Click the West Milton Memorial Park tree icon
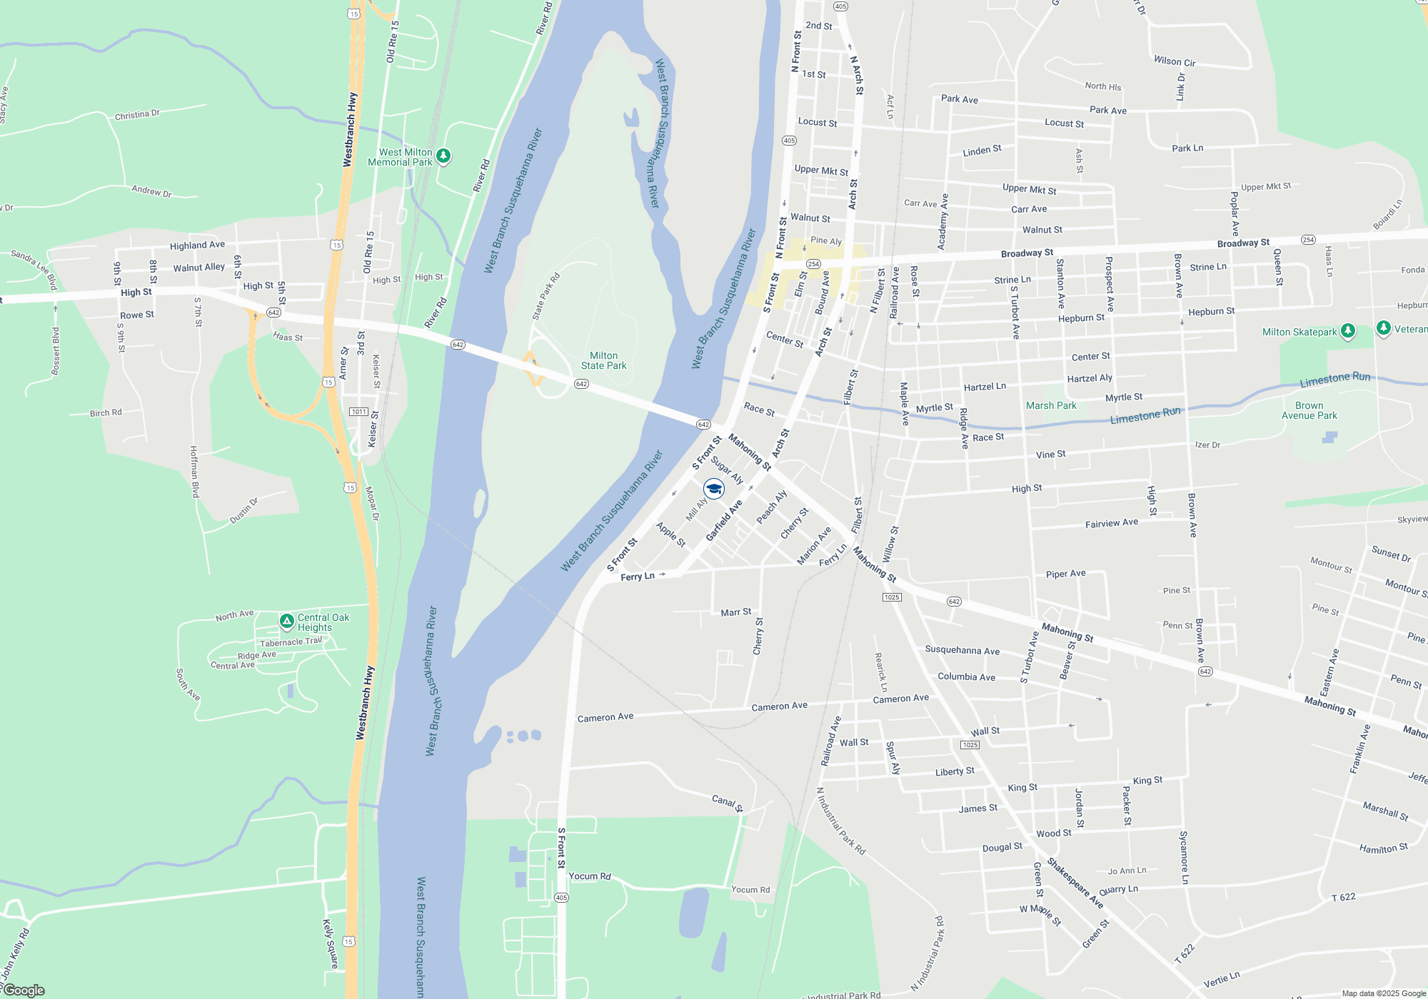click(443, 156)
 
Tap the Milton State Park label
click(603, 361)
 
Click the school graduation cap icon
click(714, 489)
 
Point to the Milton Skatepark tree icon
click(1348, 331)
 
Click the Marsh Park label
click(1051, 406)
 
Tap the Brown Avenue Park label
click(1309, 410)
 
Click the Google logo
click(24, 990)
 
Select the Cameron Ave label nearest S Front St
click(605, 717)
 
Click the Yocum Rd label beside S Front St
click(590, 876)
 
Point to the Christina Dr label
click(137, 114)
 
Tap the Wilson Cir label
click(1175, 62)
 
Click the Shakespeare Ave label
click(1075, 883)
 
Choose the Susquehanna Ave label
click(962, 650)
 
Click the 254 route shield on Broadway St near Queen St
click(1308, 240)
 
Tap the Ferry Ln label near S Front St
click(638, 577)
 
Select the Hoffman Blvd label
click(194, 472)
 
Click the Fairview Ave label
click(1112, 523)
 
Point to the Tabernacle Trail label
click(291, 642)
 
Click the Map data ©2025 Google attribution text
click(1384, 993)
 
